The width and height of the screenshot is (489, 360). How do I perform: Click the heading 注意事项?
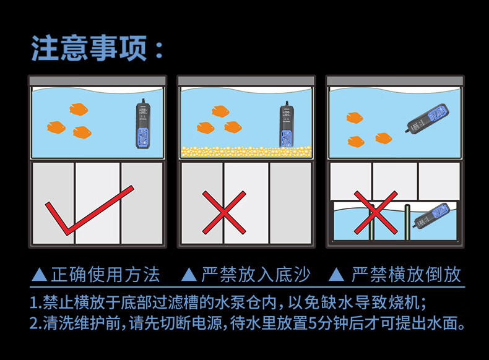point(98,49)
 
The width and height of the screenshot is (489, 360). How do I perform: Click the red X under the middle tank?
point(224,212)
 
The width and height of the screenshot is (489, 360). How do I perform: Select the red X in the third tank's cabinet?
point(375,212)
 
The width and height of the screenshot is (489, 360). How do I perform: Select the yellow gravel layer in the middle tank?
point(245,150)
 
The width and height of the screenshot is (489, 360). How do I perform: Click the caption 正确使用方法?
point(105,275)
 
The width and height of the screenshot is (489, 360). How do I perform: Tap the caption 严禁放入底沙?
point(256,275)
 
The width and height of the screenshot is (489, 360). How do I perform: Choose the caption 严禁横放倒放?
point(406,275)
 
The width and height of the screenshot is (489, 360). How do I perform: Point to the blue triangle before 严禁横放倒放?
point(336,275)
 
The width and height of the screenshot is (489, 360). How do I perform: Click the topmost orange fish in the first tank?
point(79,109)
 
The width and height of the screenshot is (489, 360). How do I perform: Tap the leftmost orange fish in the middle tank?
point(206,127)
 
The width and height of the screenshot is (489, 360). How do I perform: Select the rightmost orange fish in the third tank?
point(384,137)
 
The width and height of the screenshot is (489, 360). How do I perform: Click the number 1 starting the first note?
point(34,303)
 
